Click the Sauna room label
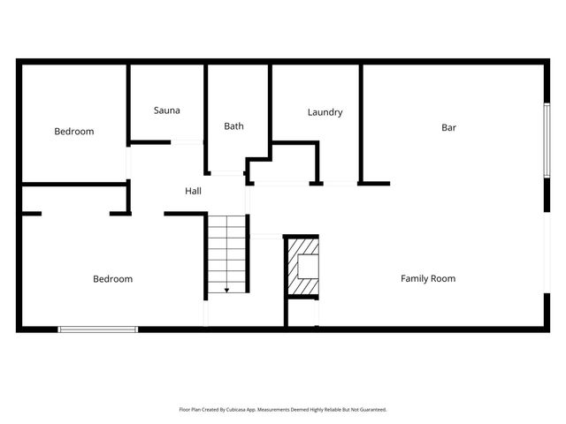click(x=166, y=110)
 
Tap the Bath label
click(x=233, y=126)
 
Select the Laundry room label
click(x=325, y=112)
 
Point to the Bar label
click(x=448, y=127)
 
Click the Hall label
click(x=193, y=191)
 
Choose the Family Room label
click(x=428, y=278)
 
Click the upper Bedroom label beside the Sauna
click(x=73, y=132)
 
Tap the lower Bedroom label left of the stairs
click(x=112, y=279)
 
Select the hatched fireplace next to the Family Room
click(x=301, y=268)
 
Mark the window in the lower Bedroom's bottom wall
click(x=97, y=329)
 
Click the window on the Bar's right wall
click(x=546, y=142)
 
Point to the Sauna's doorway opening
click(x=186, y=142)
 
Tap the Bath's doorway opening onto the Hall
click(x=227, y=173)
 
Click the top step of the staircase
click(x=226, y=219)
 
